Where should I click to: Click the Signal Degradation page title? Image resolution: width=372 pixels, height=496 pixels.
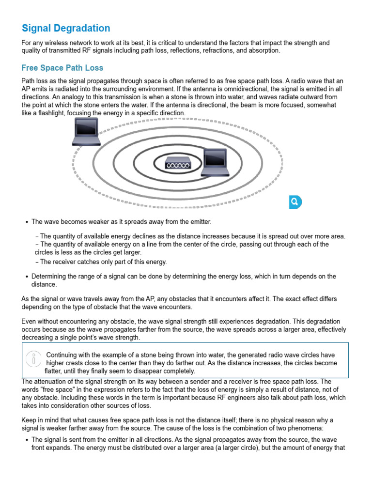tap(66, 28)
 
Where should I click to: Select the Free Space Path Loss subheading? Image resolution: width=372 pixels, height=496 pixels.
tap(62, 68)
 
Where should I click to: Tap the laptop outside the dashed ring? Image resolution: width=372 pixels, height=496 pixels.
tap(86, 132)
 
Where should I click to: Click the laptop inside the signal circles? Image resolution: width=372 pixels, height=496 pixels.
tap(215, 162)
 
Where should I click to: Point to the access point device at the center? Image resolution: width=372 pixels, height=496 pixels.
tap(178, 165)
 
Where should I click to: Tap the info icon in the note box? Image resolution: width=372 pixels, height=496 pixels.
tap(33, 359)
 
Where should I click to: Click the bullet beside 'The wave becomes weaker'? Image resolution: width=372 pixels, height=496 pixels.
tap(26, 222)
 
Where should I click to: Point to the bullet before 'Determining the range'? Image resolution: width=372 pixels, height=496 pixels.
tap(26, 277)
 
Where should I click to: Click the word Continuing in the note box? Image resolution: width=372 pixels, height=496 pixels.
tap(64, 355)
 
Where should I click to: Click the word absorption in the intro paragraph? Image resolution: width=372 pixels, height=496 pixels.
tap(264, 51)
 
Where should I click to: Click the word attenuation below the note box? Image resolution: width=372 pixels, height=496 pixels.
tap(52, 381)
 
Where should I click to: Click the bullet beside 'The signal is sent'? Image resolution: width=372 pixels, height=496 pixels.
tap(26, 439)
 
